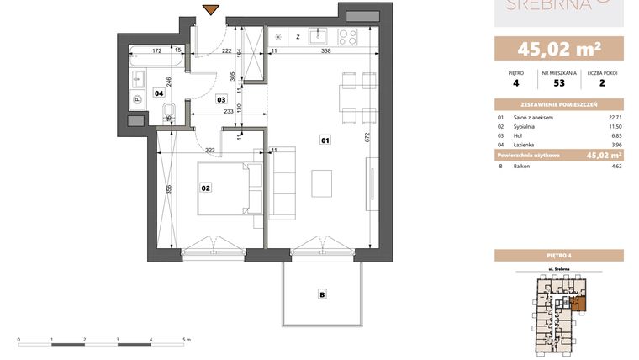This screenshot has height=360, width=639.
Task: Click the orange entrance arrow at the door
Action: pos(211,11)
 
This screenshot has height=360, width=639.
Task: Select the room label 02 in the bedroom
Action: pos(204,188)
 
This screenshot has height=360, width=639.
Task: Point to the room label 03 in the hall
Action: pos(221,99)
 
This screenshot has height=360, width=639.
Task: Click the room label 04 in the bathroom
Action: pos(159,93)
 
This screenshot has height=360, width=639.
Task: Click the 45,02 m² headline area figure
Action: pos(557,47)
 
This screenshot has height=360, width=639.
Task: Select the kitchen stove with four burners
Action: pos(346,36)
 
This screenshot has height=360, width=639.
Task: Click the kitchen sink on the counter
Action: pos(317,36)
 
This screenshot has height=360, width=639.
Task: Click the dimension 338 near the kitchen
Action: pos(325,51)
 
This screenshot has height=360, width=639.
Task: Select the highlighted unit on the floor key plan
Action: pos(576,303)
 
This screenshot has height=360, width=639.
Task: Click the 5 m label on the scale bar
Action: pos(187,339)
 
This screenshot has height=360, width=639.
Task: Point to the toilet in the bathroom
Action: pos(168,110)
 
